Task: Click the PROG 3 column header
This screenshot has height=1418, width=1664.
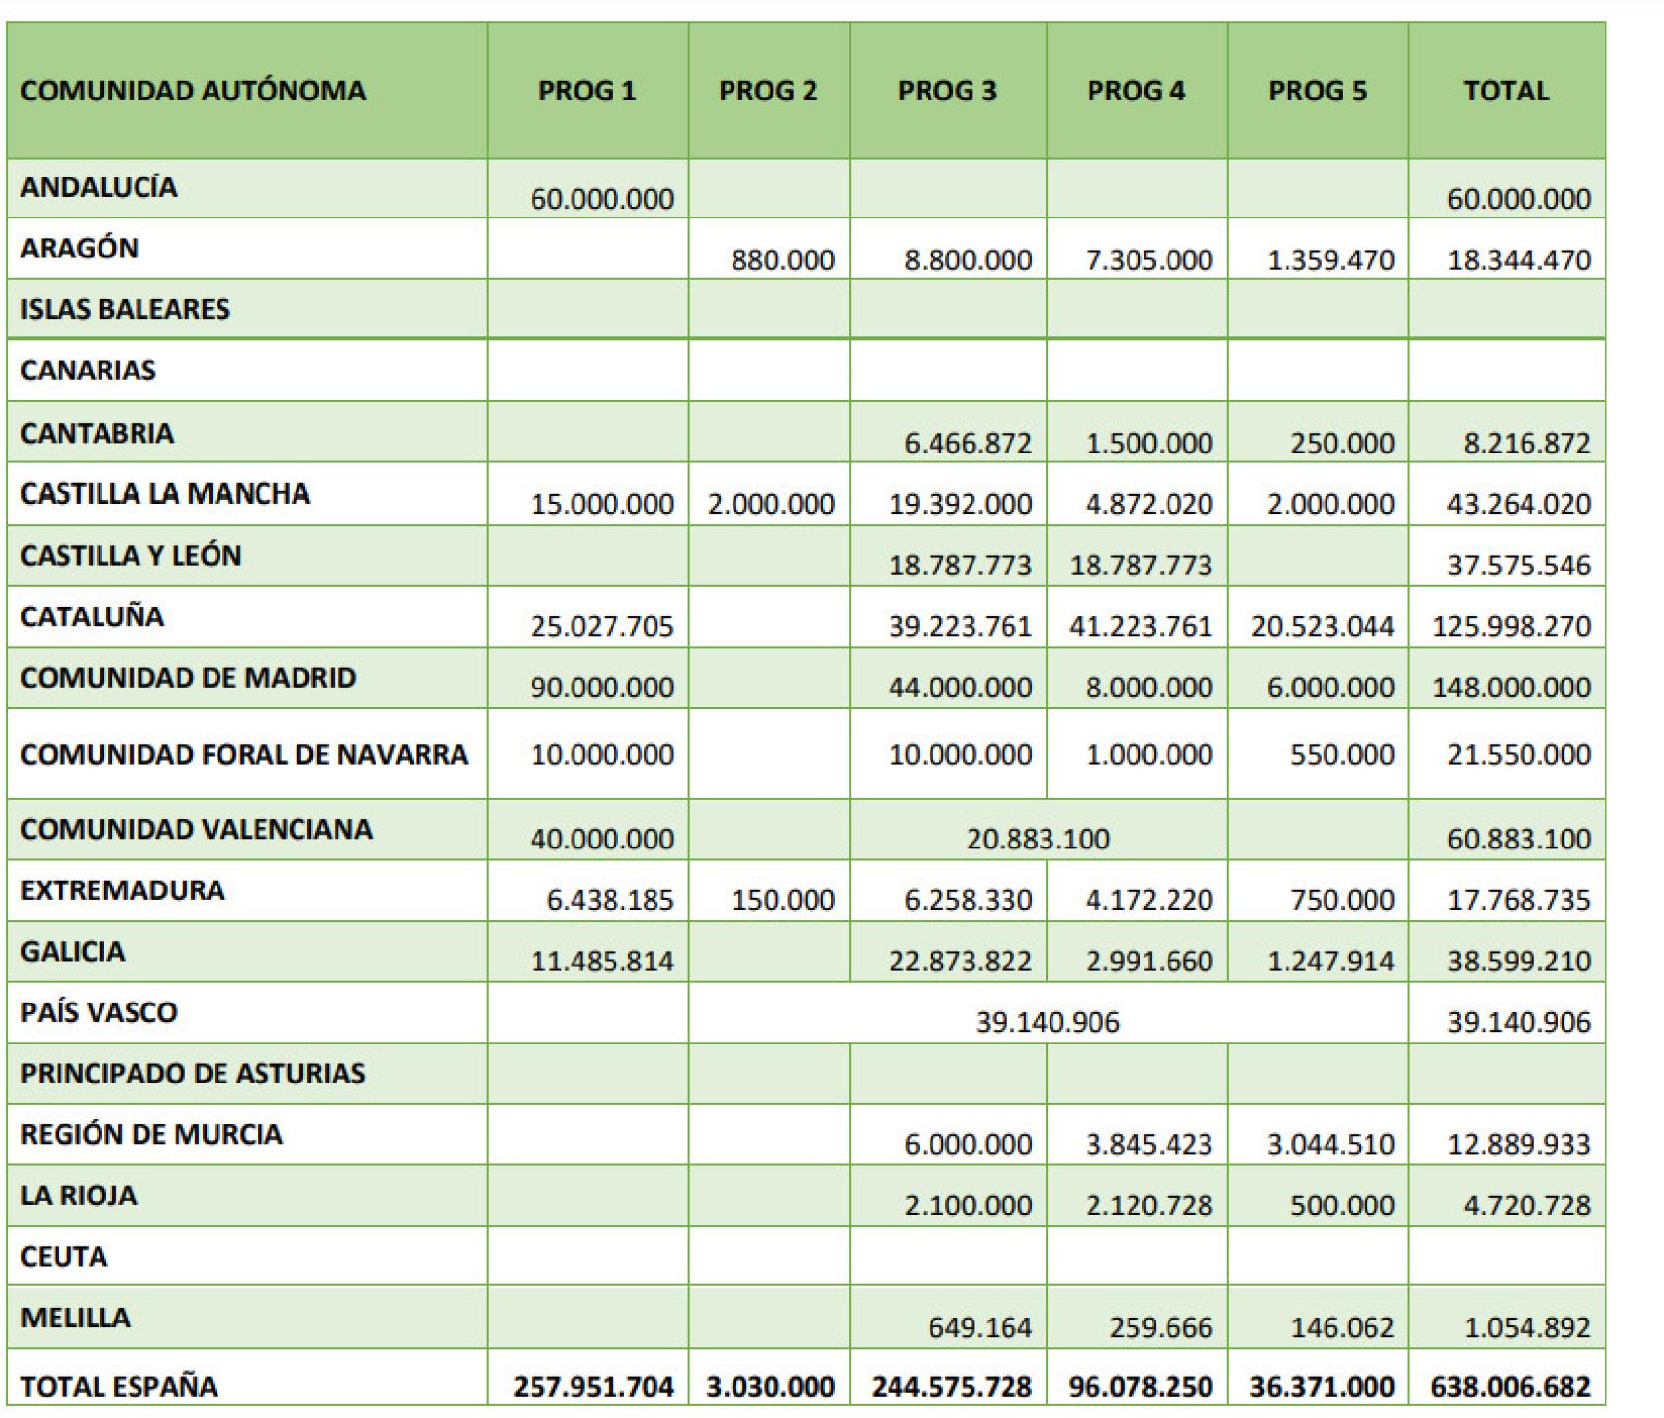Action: [947, 91]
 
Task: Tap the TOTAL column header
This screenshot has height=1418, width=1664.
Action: [1506, 91]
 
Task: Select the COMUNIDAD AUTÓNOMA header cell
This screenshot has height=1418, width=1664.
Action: [193, 91]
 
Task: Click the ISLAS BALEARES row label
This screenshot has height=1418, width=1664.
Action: [125, 309]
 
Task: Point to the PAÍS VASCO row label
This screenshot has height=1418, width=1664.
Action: [99, 1011]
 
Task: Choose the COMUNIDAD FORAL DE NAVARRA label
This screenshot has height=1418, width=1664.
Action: [244, 754]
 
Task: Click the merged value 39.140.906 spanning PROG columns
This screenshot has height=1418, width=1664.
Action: [1048, 1021]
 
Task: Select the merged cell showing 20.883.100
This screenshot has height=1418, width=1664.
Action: [1038, 839]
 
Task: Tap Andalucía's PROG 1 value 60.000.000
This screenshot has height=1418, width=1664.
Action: [602, 199]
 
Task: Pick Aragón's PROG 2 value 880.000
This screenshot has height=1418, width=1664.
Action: [782, 260]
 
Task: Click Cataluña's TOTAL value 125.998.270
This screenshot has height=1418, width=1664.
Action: [1511, 626]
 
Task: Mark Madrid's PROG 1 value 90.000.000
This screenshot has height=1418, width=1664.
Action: [602, 687]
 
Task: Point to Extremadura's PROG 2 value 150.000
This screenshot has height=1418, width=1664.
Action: [782, 900]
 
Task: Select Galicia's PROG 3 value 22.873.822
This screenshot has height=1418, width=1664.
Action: [960, 962]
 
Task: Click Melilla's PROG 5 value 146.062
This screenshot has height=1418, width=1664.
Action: [1342, 1327]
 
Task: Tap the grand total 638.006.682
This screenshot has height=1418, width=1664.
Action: [1511, 1386]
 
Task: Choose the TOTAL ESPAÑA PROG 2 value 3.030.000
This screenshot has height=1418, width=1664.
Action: [771, 1386]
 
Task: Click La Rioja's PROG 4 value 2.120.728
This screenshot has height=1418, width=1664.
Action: [1149, 1205]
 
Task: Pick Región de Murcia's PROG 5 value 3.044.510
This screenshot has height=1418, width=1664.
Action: [1330, 1144]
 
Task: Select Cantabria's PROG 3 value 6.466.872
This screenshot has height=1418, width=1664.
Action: [968, 443]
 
